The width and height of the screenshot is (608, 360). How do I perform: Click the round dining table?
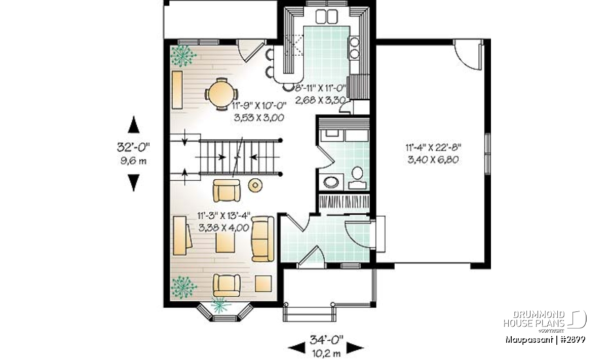click(x=221, y=94)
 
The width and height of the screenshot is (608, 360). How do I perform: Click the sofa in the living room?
click(x=262, y=238)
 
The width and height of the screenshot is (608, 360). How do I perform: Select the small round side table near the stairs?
click(x=255, y=185)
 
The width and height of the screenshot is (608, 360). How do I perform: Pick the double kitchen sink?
click(x=326, y=16)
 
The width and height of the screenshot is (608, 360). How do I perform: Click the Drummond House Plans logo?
click(x=545, y=322)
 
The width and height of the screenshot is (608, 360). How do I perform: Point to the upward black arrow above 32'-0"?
click(x=134, y=125)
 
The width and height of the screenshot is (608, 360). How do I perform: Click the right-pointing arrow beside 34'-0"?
click(x=355, y=347)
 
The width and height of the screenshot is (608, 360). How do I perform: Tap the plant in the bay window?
click(x=221, y=305)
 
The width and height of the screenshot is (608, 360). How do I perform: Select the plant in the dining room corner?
click(x=183, y=56)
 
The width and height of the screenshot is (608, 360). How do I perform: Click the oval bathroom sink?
click(x=331, y=182)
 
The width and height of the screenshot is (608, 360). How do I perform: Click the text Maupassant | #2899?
click(x=545, y=340)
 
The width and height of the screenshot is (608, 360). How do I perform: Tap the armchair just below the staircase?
click(x=226, y=190)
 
